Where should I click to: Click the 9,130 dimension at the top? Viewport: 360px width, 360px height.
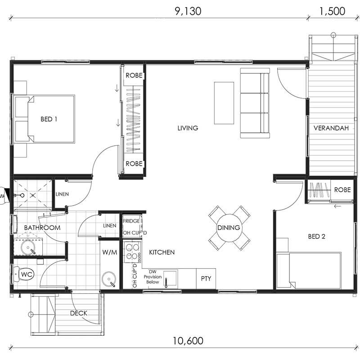pyautogui.click(x=188, y=11)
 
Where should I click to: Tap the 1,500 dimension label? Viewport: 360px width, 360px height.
pyautogui.click(x=332, y=11)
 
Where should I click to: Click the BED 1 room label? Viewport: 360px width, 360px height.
pyautogui.click(x=49, y=119)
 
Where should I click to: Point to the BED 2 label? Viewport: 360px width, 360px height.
pyautogui.click(x=317, y=237)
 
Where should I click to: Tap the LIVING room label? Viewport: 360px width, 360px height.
pyautogui.click(x=188, y=128)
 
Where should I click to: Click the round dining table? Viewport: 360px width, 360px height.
pyautogui.click(x=229, y=228)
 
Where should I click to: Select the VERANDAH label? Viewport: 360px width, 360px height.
pyautogui.click(x=331, y=128)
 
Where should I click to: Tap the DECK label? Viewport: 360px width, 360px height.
pyautogui.click(x=79, y=313)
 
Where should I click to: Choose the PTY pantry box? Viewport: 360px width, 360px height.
pyautogui.click(x=206, y=279)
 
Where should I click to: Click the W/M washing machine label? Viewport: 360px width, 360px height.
pyautogui.click(x=109, y=252)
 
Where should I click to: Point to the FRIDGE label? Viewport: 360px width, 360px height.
pyautogui.click(x=131, y=221)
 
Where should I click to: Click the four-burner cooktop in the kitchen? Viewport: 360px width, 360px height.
pyautogui.click(x=133, y=252)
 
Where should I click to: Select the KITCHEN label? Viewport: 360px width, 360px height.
pyautogui.click(x=162, y=252)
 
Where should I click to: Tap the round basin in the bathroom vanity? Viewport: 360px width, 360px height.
pyautogui.click(x=28, y=247)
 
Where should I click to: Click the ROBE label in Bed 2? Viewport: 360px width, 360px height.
pyautogui.click(x=342, y=190)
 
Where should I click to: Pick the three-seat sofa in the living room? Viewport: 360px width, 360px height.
pyautogui.click(x=255, y=103)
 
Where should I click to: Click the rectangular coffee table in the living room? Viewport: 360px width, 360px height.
pyautogui.click(x=224, y=103)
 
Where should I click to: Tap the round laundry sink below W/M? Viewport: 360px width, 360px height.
pyautogui.click(x=109, y=279)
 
